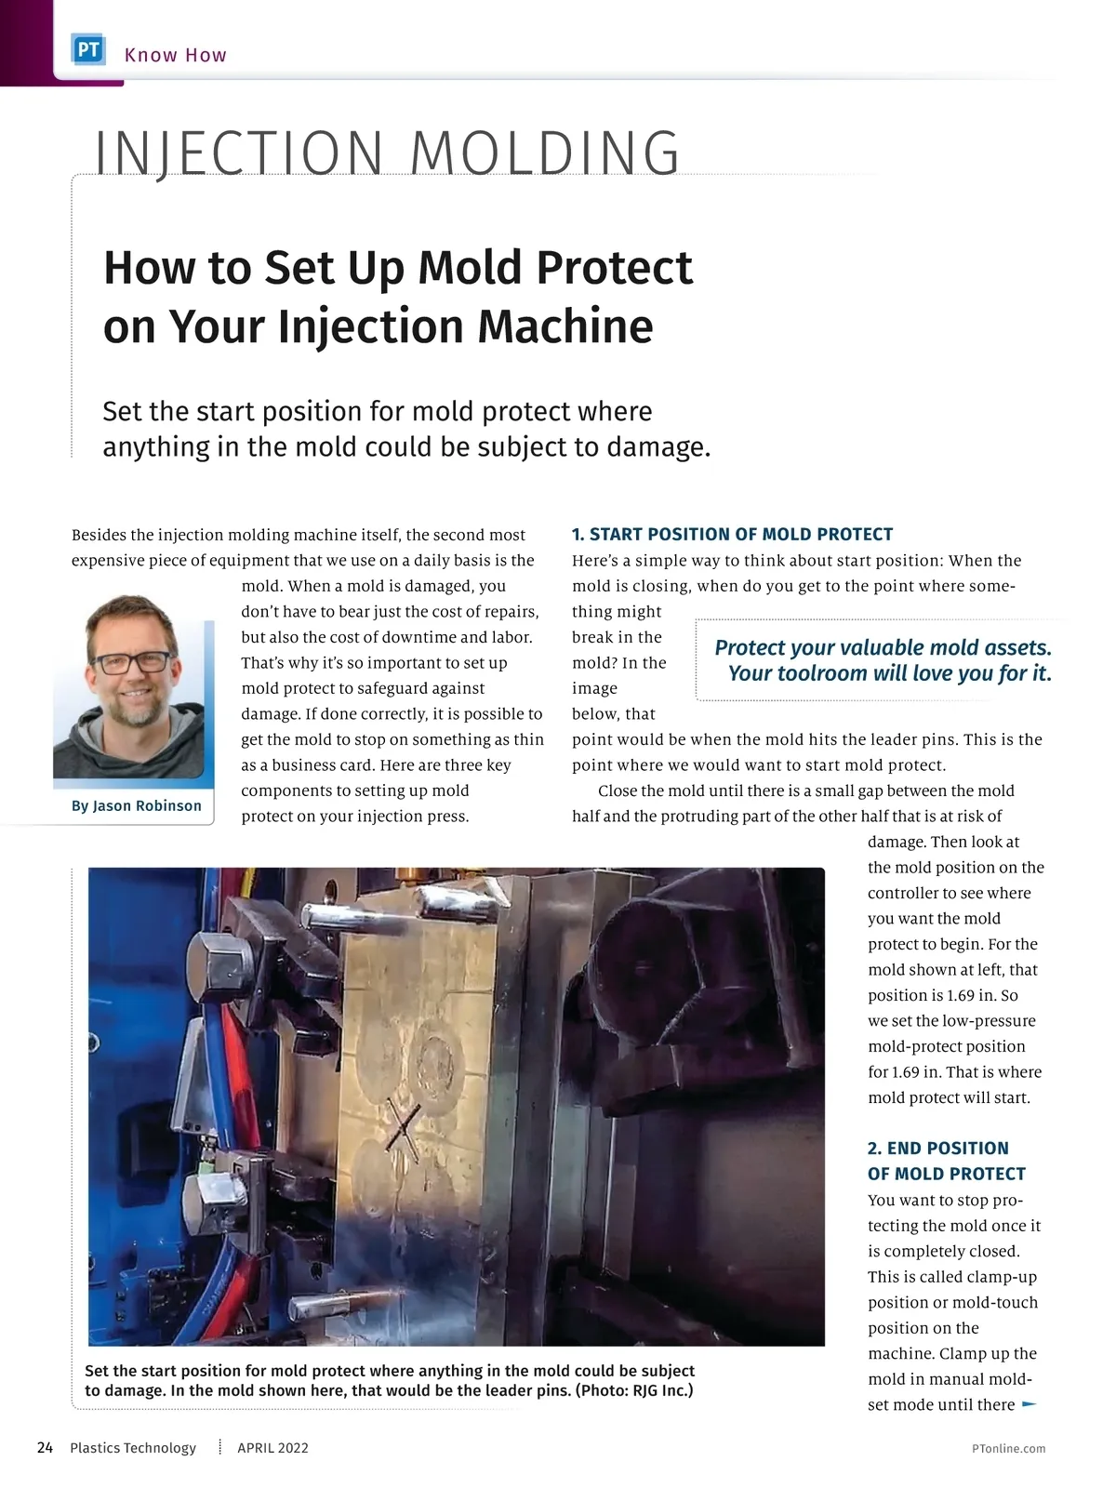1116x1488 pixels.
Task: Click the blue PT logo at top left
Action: [88, 51]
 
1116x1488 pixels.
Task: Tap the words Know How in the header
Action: [176, 55]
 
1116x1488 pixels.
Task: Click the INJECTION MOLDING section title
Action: [388, 153]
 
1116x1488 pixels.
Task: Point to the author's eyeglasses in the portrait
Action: [134, 663]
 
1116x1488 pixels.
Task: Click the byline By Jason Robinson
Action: [137, 805]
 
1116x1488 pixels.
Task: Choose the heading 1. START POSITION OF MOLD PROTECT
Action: [732, 534]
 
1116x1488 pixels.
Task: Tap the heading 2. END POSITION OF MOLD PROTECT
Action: [946, 1161]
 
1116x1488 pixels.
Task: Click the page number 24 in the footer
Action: [45, 1447]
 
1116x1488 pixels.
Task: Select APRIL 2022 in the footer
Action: [272, 1447]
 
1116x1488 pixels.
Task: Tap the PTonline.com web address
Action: [1008, 1448]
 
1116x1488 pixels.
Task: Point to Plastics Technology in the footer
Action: [133, 1447]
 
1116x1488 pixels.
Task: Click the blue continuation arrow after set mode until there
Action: [1030, 1404]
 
